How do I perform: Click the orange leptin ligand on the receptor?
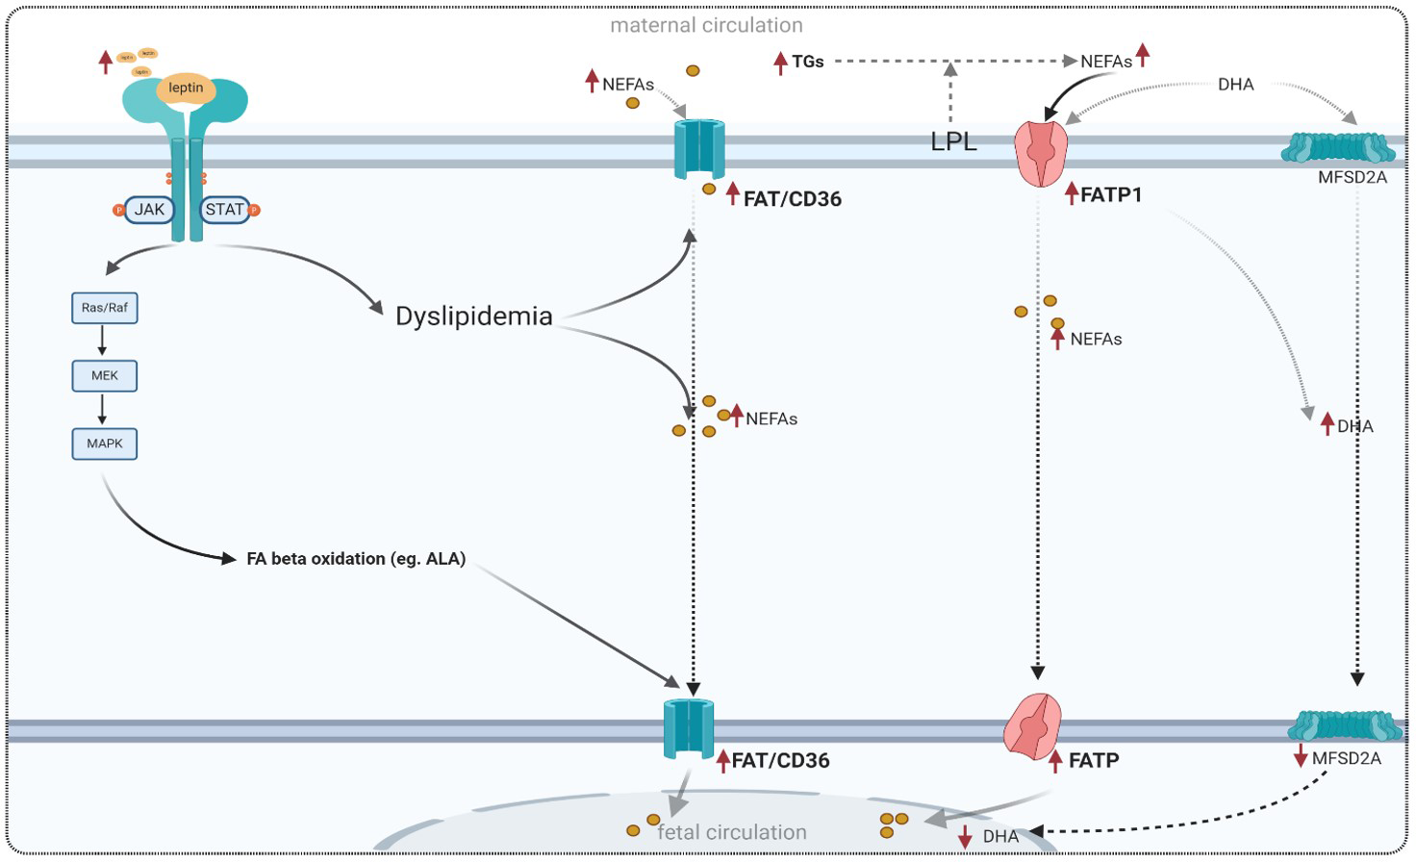[186, 89]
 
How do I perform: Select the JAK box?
[149, 210]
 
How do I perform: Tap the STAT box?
[224, 210]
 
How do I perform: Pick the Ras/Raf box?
[105, 308]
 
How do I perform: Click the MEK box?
[105, 376]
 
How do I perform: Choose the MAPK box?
[105, 444]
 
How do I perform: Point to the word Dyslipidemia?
[474, 317]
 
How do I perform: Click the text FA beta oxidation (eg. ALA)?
[356, 559]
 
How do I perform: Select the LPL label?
[953, 142]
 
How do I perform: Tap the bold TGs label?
[807, 62]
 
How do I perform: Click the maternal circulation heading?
[706, 26]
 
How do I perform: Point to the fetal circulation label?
[732, 832]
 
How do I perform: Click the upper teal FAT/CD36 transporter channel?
[699, 149]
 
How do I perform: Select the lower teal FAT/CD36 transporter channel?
[689, 728]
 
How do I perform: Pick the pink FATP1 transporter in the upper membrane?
[1041, 153]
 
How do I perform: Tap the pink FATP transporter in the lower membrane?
[1032, 726]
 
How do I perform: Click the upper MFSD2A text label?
[1353, 178]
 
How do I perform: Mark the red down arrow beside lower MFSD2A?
[1301, 756]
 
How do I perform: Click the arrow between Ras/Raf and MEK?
[102, 341]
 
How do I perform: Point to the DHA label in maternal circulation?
[1235, 85]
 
